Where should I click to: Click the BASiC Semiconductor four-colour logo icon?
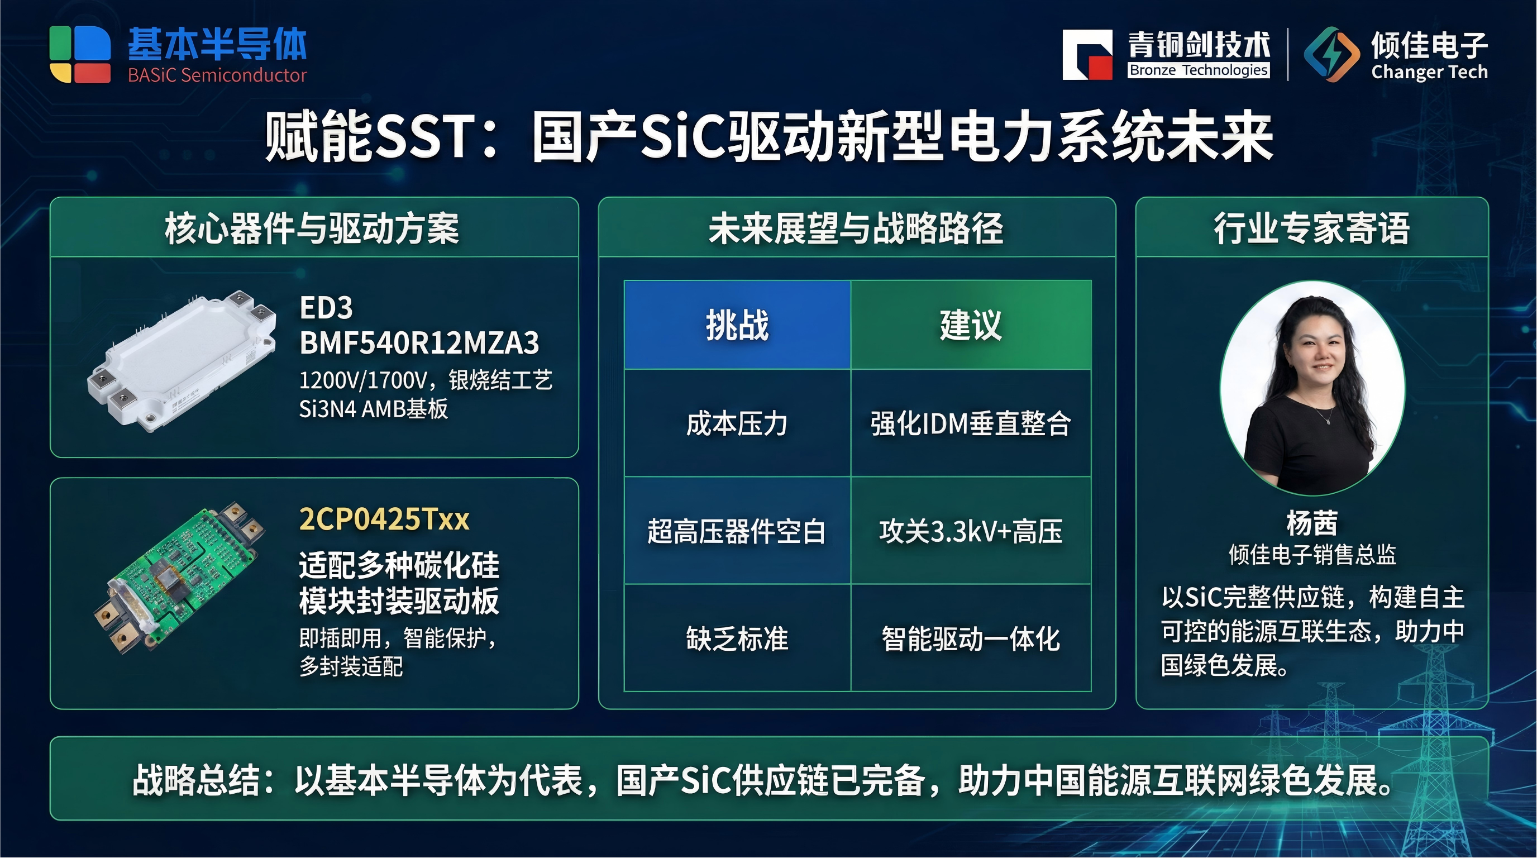pyautogui.click(x=80, y=54)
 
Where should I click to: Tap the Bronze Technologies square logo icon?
pyautogui.click(x=1087, y=54)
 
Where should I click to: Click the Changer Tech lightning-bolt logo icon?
pyautogui.click(x=1331, y=54)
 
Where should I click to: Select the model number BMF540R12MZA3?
pyautogui.click(x=419, y=343)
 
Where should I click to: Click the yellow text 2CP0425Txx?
pyautogui.click(x=384, y=519)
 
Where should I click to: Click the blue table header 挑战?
pyautogui.click(x=737, y=325)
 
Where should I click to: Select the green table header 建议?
pyautogui.click(x=970, y=325)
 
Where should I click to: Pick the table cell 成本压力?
pyautogui.click(x=737, y=423)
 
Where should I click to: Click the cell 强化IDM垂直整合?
pyautogui.click(x=970, y=423)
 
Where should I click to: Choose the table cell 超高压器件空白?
pyautogui.click(x=737, y=531)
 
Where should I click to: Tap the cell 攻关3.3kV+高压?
pyautogui.click(x=970, y=531)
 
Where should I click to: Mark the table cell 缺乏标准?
pyautogui.click(x=737, y=638)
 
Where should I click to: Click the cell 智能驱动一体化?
pyautogui.click(x=970, y=638)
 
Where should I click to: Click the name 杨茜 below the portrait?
pyautogui.click(x=1311, y=523)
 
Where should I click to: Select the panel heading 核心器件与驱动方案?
pyautogui.click(x=312, y=228)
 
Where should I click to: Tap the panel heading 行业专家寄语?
pyautogui.click(x=1311, y=228)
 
